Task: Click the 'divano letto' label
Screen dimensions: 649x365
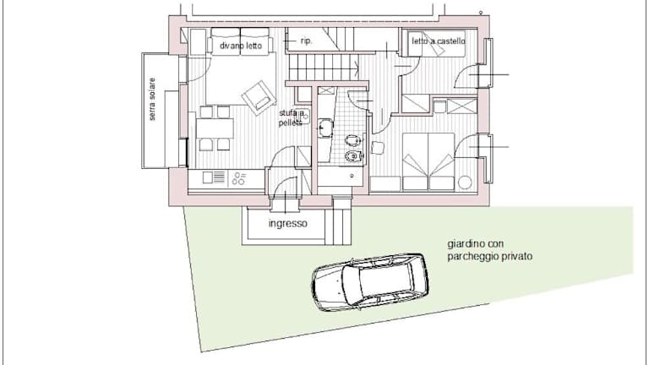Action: tap(241, 46)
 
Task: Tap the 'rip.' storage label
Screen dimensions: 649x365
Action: tap(306, 41)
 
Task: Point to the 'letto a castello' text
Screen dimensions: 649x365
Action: tap(439, 41)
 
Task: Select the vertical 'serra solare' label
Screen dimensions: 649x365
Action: tap(152, 100)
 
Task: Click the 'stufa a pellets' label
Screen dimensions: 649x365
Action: tap(292, 118)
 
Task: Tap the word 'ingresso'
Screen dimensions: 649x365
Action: tap(288, 223)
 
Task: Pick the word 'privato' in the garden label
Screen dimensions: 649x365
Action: tap(517, 256)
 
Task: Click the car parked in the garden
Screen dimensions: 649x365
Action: tap(369, 282)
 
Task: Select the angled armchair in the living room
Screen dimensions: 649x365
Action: tap(259, 98)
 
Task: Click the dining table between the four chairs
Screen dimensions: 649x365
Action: tap(215, 128)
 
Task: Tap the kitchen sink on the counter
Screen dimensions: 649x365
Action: tap(214, 177)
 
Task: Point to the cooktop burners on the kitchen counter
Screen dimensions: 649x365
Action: tap(238, 178)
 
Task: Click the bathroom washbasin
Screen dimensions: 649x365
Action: tap(324, 127)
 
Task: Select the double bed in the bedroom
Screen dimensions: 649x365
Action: tap(428, 161)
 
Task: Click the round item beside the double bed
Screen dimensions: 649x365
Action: tap(465, 182)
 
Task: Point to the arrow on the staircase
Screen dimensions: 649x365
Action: tap(357, 64)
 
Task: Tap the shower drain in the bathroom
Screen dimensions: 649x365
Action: tap(352, 176)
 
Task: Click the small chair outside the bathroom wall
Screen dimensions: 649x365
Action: tap(377, 148)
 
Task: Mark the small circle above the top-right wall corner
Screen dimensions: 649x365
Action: tap(481, 13)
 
